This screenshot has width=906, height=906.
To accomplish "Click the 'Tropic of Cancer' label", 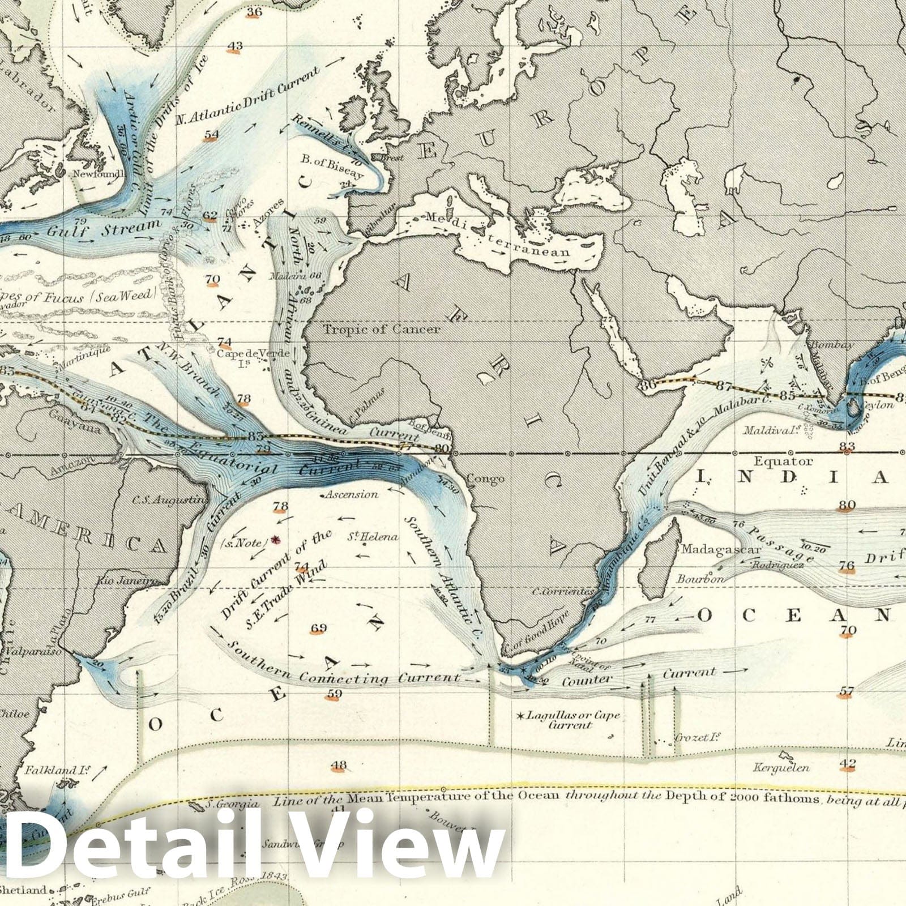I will pyautogui.click(x=381, y=329).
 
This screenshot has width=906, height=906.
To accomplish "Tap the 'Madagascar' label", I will pyautogui.click(x=711, y=549).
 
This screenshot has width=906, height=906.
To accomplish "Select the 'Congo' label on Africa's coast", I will pyautogui.click(x=485, y=479).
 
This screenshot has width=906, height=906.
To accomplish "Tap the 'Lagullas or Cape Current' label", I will pyautogui.click(x=572, y=720).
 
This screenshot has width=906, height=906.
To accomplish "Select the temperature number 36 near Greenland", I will pyautogui.click(x=254, y=12).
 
